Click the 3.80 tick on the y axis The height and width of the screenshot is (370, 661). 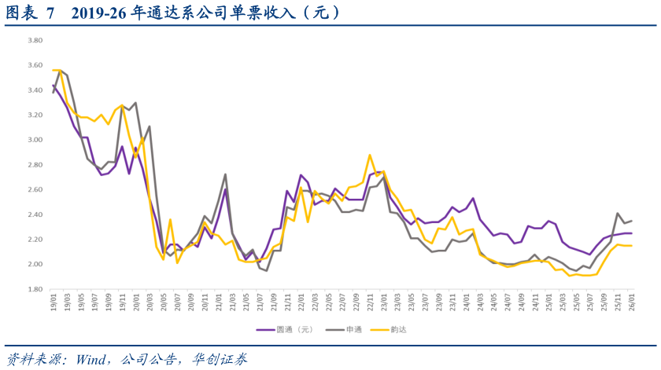click(x=35, y=41)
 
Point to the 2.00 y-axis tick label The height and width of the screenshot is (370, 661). click(x=35, y=264)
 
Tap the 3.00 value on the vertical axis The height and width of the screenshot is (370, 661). click(x=35, y=140)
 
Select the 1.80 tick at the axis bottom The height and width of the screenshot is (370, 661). click(x=35, y=289)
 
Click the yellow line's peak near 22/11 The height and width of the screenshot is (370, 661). click(x=370, y=155)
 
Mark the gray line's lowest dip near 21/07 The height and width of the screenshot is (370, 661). click(x=266, y=271)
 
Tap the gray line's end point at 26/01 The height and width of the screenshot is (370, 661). click(x=631, y=221)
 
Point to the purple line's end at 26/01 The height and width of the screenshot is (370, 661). click(x=631, y=233)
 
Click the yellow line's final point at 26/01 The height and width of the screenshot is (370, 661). click(x=631, y=246)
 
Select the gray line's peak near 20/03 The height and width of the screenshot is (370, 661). click(x=149, y=126)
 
